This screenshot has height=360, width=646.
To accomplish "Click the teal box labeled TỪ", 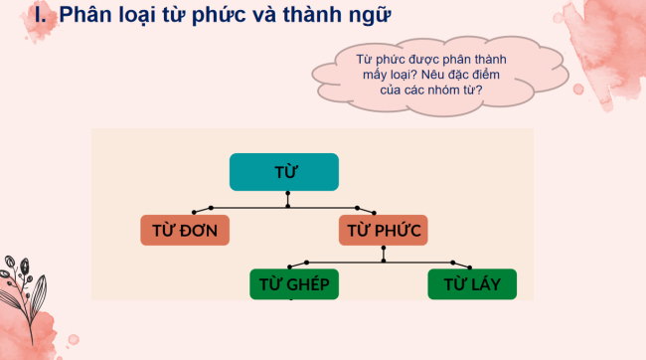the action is pos(285,172).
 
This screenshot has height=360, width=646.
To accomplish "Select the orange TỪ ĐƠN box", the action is pos(185,231).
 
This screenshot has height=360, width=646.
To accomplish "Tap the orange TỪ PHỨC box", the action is pos(384,231).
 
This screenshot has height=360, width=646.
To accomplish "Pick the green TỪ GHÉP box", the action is pos(293,284).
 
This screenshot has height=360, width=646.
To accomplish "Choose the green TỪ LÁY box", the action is pos(471,284).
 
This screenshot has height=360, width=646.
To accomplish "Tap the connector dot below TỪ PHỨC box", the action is pos(383,261).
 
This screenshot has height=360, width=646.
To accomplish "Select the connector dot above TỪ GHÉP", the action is pos(292,265).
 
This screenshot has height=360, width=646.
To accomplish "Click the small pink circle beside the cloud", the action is pos(578,89).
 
